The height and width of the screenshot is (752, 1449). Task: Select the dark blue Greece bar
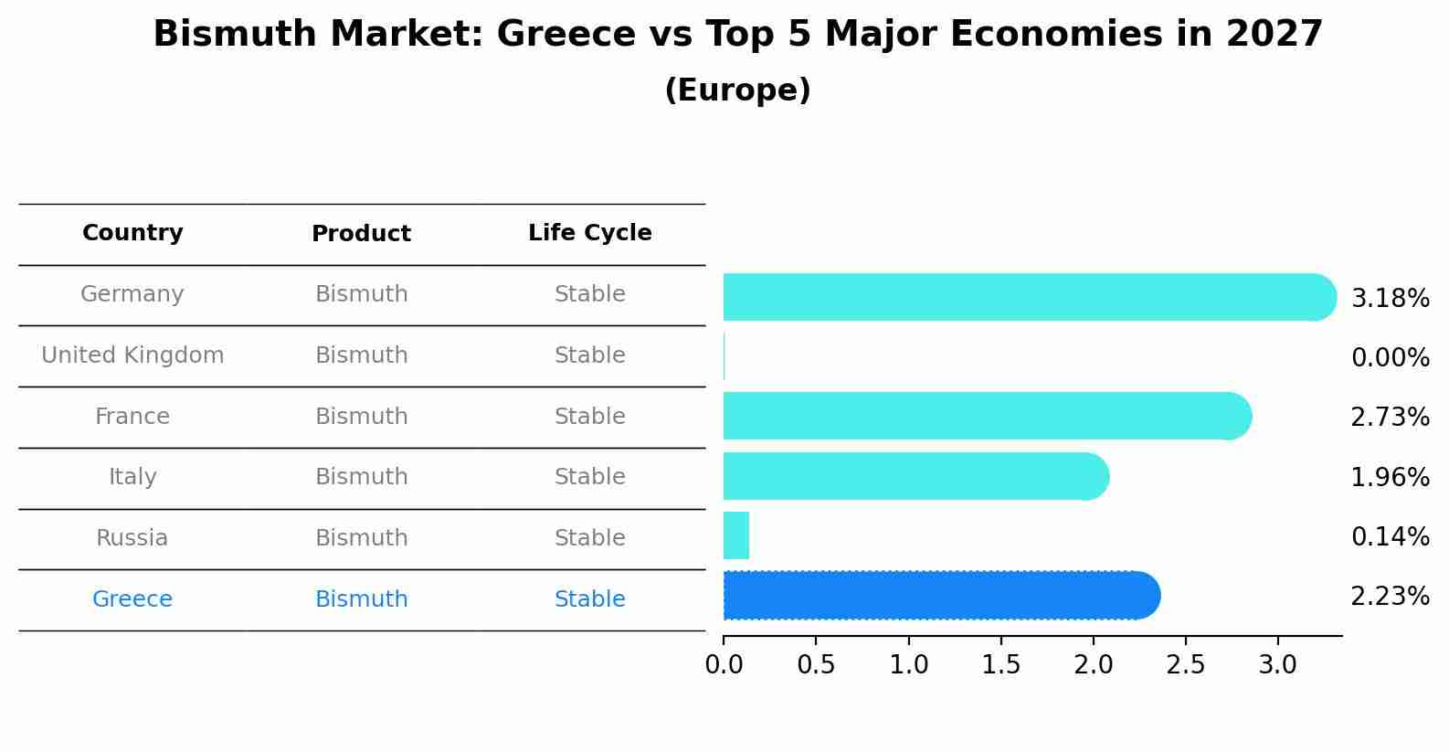(941, 596)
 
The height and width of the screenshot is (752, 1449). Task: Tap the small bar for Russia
(736, 535)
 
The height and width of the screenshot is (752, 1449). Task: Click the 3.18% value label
(1390, 299)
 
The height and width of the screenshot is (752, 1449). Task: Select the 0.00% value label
(1390, 358)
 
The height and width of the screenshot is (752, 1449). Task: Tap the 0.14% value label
(1390, 537)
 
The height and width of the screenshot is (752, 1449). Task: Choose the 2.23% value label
(1390, 597)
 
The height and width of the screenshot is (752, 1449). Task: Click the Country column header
(132, 233)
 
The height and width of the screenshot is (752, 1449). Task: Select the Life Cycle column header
(589, 233)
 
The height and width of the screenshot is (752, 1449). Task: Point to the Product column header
(361, 234)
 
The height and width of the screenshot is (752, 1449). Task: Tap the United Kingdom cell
(132, 355)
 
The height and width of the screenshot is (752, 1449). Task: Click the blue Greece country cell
(132, 599)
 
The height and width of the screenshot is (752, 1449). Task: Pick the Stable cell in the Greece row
(589, 599)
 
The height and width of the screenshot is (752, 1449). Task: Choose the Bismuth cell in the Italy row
(361, 477)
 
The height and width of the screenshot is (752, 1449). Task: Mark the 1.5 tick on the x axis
(1000, 665)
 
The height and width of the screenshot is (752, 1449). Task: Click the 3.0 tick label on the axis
(1277, 665)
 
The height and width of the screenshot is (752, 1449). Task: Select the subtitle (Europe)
(737, 90)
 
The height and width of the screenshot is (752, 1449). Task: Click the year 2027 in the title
(1274, 35)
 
